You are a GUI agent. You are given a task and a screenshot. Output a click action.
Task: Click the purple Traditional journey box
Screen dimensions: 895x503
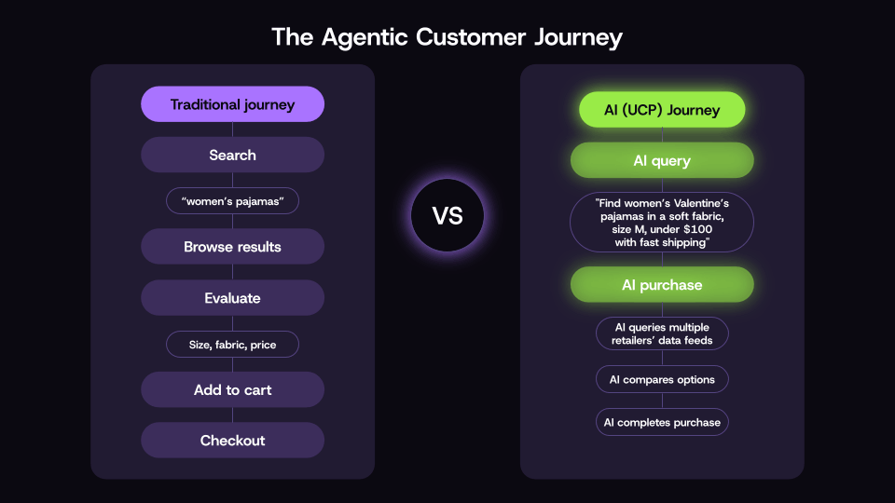pyautogui.click(x=232, y=104)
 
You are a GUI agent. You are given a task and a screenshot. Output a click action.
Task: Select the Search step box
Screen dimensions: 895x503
pyautogui.click(x=232, y=155)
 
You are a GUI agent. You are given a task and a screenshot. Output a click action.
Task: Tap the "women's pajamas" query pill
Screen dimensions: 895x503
pyautogui.click(x=232, y=201)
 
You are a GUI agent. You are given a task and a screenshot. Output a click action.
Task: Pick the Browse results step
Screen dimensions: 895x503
pyautogui.click(x=232, y=247)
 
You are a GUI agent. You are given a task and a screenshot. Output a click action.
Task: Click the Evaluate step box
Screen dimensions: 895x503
pyautogui.click(x=232, y=298)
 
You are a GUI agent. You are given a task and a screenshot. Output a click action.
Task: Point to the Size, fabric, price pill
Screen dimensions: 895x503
pyautogui.click(x=232, y=345)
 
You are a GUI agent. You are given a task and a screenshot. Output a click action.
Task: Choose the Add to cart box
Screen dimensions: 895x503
pyautogui.click(x=232, y=389)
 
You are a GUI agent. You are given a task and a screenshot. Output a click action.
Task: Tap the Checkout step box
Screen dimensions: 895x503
pyautogui.click(x=232, y=440)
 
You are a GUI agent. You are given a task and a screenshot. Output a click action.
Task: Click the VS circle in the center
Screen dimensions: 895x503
pyautogui.click(x=447, y=216)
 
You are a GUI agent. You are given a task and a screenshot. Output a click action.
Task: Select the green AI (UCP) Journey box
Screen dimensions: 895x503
pyautogui.click(x=662, y=110)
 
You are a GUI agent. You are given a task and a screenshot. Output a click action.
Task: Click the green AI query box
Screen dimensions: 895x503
pyautogui.click(x=662, y=160)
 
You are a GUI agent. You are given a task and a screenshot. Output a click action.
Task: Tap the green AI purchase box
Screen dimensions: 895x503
pyautogui.click(x=662, y=285)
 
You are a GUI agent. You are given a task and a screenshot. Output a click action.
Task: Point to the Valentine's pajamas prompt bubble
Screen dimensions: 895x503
pyautogui.click(x=662, y=223)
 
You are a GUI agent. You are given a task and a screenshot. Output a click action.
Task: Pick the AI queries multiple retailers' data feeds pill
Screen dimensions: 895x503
pyautogui.click(x=662, y=333)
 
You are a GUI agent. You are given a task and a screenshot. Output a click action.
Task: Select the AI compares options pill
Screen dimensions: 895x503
pyautogui.click(x=662, y=379)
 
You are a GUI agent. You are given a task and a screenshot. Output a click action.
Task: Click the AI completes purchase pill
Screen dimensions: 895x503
pyautogui.click(x=662, y=422)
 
